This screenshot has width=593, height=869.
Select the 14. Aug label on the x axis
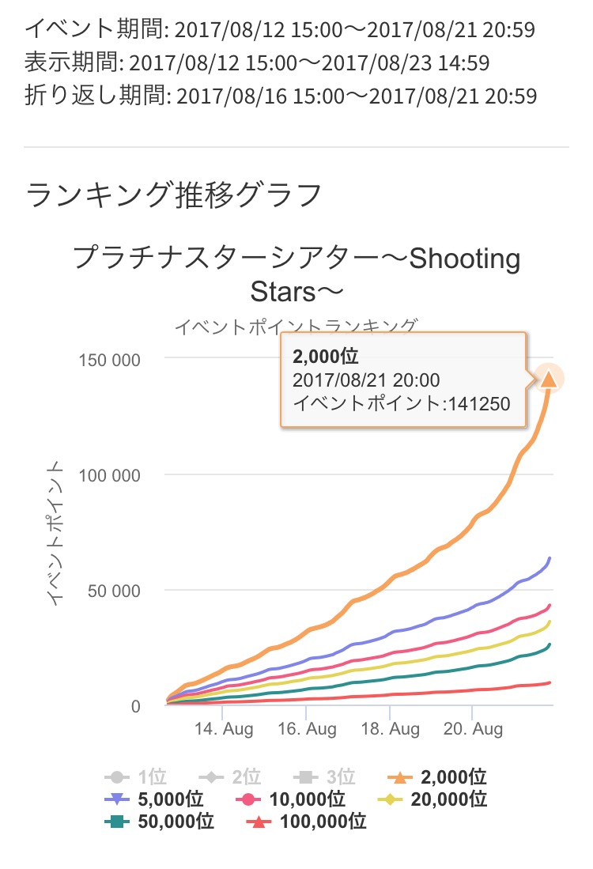(x=223, y=728)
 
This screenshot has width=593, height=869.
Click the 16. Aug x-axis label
(x=306, y=728)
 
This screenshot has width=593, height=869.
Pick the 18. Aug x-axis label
(x=389, y=728)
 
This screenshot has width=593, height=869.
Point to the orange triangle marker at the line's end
(x=549, y=380)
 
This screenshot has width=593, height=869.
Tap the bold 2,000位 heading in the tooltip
(x=326, y=355)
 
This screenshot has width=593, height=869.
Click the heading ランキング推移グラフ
(x=174, y=194)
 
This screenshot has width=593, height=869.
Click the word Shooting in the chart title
(x=464, y=259)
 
